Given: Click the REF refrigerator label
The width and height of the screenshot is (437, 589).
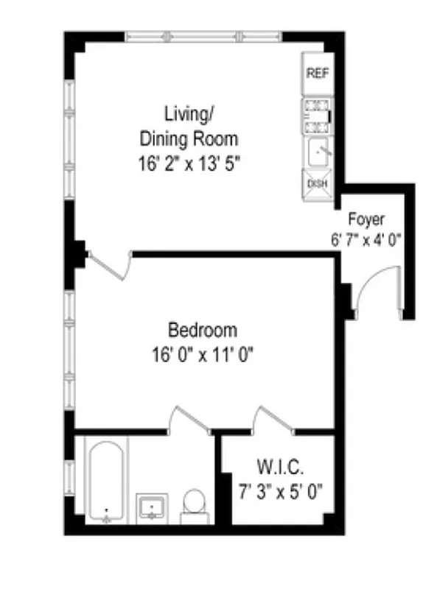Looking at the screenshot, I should click(317, 74).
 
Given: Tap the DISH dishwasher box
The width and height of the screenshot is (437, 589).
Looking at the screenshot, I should click(317, 184).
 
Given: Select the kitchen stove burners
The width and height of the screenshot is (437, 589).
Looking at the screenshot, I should click(317, 115).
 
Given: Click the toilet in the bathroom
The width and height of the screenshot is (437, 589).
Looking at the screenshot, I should click(194, 504).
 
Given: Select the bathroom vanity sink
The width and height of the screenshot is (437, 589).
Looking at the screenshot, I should click(153, 507).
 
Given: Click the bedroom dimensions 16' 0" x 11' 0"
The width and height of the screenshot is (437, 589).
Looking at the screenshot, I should click(199, 356).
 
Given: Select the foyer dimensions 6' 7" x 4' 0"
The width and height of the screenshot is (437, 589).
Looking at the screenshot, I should click(366, 240).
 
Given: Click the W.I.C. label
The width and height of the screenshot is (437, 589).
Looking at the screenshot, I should click(280, 466).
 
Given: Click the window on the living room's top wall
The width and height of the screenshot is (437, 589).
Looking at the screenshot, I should click(203, 36).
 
